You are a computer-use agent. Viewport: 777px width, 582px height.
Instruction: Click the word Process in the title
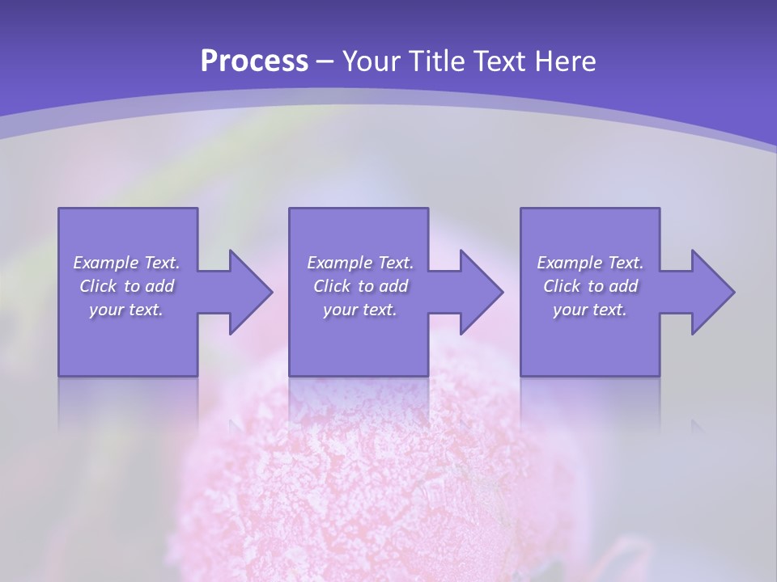pyautogui.click(x=254, y=61)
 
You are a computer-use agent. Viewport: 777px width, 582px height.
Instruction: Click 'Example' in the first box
pyautogui.click(x=106, y=263)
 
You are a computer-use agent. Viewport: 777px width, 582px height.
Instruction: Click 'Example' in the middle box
pyautogui.click(x=340, y=263)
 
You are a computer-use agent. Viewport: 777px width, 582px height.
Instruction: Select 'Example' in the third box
pyautogui.click(x=570, y=263)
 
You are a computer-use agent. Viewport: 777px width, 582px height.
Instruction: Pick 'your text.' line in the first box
pyautogui.click(x=126, y=310)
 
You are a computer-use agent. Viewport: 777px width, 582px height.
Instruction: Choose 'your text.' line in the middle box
pyautogui.click(x=359, y=310)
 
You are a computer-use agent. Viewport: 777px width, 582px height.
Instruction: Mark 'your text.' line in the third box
pyautogui.click(x=590, y=310)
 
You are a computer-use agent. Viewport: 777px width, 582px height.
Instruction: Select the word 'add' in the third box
pyautogui.click(x=623, y=286)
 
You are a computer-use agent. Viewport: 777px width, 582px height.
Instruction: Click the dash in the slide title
pyautogui.click(x=325, y=61)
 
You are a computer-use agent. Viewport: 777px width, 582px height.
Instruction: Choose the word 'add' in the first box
pyautogui.click(x=159, y=286)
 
